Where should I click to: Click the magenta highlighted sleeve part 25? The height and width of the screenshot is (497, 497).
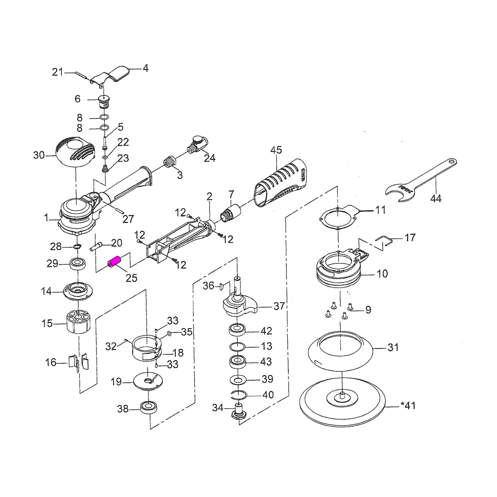(115, 263)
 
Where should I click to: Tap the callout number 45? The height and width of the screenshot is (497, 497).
(276, 150)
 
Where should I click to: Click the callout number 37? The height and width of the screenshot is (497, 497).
(279, 306)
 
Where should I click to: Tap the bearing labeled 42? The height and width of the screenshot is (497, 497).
(237, 330)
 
